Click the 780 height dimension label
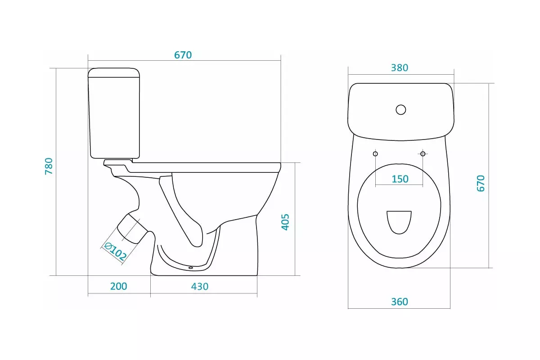point(49,166)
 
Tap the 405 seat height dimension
point(285,222)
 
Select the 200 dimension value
point(119,287)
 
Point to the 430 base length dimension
point(200,287)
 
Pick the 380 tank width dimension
point(400,68)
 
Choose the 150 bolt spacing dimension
point(400,179)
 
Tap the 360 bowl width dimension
point(400,302)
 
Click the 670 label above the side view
point(183,55)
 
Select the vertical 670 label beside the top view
point(481,184)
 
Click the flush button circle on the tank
point(400,110)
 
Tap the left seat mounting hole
point(375,153)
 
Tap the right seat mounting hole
point(423,153)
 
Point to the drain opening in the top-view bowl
point(399,222)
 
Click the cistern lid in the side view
point(114,72)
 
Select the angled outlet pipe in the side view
point(132,228)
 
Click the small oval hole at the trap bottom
point(191,268)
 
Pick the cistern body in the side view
point(114,117)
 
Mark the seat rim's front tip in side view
point(281,167)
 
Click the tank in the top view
point(400,112)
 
